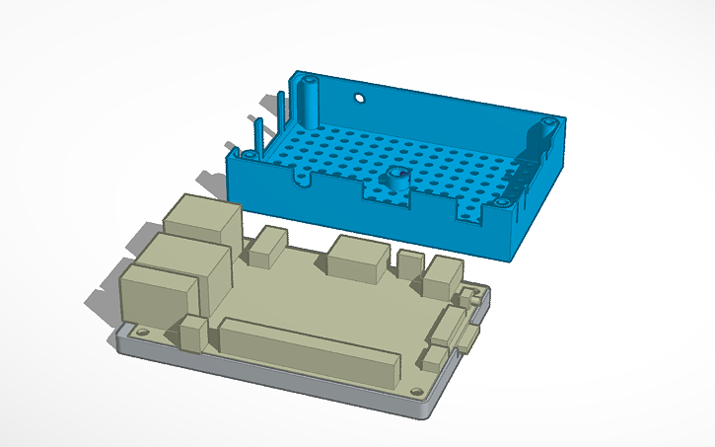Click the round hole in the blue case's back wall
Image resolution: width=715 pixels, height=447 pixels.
[360, 99]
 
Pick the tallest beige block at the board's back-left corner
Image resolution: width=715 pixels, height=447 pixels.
[204, 225]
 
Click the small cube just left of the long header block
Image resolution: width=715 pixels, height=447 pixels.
[193, 334]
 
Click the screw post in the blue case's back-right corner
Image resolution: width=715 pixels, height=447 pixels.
[545, 129]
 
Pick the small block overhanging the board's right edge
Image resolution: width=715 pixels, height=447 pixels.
[469, 340]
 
